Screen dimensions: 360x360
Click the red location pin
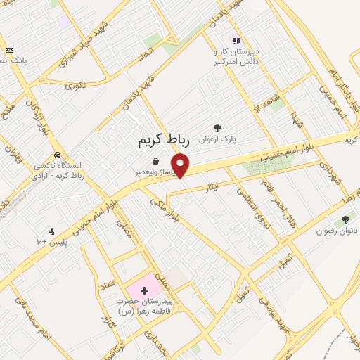click(181, 166)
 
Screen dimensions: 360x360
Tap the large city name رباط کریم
click(162, 142)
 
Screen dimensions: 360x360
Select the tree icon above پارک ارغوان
click(218, 129)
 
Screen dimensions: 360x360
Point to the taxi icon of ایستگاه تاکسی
click(56, 155)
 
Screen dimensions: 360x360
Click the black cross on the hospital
click(145, 290)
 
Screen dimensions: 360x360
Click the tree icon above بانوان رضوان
click(345, 220)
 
